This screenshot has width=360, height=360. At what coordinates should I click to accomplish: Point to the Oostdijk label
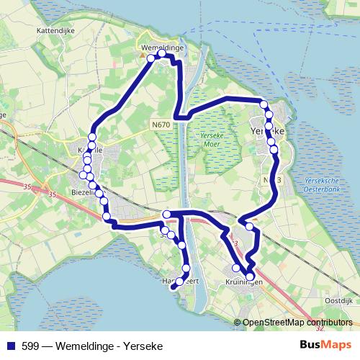pos(336,300)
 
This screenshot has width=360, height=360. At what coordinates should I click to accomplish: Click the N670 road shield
pos(161,125)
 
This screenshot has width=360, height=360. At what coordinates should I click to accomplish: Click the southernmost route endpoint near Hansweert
pos(173,287)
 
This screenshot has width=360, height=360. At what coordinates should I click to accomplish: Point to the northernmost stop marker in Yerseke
pos(264,105)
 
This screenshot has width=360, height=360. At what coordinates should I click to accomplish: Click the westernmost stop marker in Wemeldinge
pos(150,58)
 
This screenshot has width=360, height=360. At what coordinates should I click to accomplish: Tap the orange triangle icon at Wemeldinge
pos(141,53)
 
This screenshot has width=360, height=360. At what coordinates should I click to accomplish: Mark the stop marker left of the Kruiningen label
pos(236,268)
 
